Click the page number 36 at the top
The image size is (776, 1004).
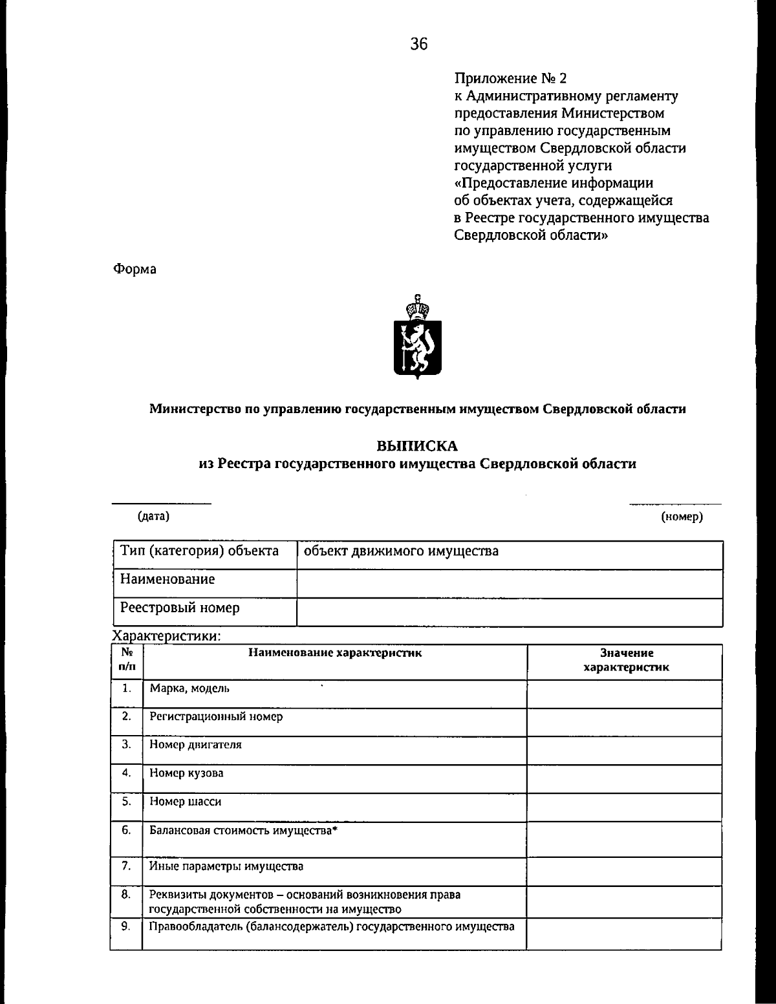click(418, 44)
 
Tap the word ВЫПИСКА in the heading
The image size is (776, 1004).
click(417, 446)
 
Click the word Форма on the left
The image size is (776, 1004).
click(135, 269)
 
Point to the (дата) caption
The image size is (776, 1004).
click(153, 516)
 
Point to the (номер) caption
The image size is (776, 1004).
click(682, 517)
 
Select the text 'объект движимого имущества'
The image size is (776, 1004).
click(401, 551)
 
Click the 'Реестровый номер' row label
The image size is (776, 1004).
click(180, 608)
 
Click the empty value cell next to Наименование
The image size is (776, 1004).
click(509, 584)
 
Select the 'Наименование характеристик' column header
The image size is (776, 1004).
click(335, 653)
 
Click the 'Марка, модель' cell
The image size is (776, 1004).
click(189, 689)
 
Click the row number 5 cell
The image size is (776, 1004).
click(127, 802)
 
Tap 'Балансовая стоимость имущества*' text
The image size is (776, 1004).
click(244, 831)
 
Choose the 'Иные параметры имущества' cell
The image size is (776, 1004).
click(226, 866)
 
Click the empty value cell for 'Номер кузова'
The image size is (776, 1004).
click(624, 778)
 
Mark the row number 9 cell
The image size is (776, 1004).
click(127, 927)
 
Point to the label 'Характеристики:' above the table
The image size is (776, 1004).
click(167, 636)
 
